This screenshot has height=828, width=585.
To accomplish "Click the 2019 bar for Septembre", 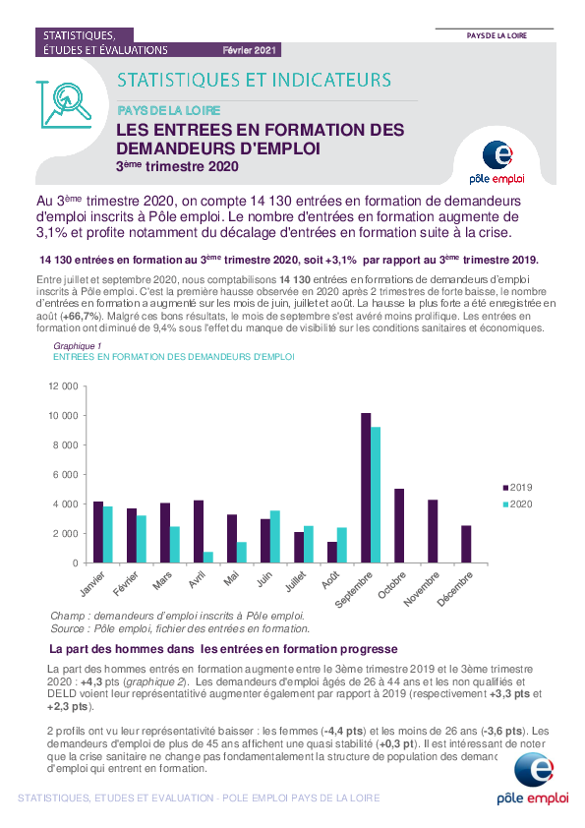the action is tap(366, 488).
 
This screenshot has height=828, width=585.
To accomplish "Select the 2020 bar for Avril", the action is tap(208, 558).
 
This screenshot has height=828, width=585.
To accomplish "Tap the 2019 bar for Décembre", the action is tap(466, 545).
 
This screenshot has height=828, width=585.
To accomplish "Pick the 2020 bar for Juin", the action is tap(275, 537).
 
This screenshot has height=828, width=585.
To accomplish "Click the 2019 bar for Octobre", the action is tap(399, 526).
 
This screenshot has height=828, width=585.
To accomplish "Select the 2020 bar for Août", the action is tap(341, 545).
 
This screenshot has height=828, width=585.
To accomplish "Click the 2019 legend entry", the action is tap(517, 488).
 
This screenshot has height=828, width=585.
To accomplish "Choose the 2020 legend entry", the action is tap(517, 504).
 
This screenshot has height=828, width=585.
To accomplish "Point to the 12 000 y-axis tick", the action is tap(63, 386).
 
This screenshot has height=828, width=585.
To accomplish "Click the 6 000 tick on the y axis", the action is tap(66, 475).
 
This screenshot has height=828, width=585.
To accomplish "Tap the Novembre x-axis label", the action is tap(422, 589).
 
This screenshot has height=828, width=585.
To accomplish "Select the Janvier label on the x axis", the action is tap(92, 584).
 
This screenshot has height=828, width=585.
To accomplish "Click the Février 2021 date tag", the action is tap(249, 50).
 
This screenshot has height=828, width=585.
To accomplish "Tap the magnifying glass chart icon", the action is tap(66, 104).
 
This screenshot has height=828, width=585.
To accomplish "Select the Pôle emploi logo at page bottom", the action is tap(533, 779).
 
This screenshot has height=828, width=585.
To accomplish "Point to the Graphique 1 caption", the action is tap(77, 346).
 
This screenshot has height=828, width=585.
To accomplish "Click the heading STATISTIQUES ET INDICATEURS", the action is tap(254, 81).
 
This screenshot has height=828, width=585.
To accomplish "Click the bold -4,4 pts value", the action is tap(343, 732).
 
